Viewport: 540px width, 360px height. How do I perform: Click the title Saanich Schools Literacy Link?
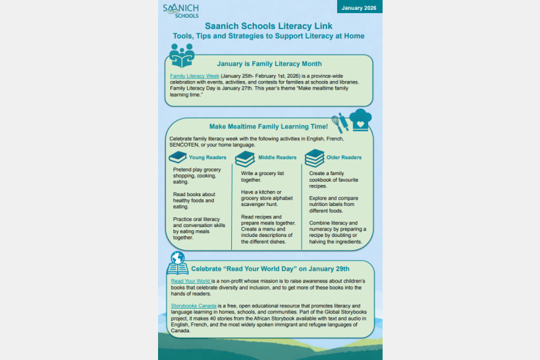[x=269, y=26]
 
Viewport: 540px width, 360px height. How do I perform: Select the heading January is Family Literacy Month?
[x=269, y=64]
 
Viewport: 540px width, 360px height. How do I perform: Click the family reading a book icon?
[x=181, y=55]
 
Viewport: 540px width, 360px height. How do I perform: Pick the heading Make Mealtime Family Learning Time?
[x=268, y=126]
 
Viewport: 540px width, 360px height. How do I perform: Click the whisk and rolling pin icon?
[x=340, y=122]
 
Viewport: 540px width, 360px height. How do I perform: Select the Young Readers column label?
[x=207, y=158]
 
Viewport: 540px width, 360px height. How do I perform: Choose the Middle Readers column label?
[x=277, y=158]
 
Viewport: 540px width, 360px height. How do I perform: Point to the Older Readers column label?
[x=344, y=158]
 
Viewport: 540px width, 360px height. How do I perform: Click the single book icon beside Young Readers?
[x=178, y=158]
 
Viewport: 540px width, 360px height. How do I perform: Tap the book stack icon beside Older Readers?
[x=315, y=158]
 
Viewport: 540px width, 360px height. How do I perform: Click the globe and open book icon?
[x=177, y=264]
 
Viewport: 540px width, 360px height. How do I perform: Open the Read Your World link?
[x=186, y=280]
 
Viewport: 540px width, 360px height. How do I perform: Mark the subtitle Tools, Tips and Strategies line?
[x=269, y=36]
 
